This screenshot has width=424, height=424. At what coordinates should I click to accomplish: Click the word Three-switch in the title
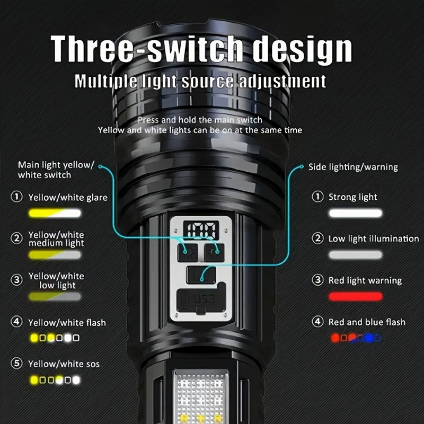(147, 49)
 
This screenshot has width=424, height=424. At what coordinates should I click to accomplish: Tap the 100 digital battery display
(201, 231)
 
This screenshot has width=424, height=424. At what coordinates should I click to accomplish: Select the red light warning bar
(355, 296)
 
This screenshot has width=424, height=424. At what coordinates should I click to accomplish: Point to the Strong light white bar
(355, 213)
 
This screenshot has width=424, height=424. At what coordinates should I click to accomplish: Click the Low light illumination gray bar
(355, 255)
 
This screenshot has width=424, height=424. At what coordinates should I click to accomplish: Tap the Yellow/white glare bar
(55, 213)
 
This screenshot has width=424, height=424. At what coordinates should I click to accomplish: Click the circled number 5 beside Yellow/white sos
(16, 363)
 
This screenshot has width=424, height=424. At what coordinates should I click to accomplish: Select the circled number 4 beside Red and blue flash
(317, 322)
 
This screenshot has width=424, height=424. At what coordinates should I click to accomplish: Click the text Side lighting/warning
(353, 167)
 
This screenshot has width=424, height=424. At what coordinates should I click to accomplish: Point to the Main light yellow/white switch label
(56, 170)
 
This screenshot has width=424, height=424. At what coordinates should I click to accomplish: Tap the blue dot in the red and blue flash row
(369, 338)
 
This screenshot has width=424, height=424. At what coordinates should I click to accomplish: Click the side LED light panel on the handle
(201, 395)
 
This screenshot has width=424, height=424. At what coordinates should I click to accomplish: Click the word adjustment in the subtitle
(282, 81)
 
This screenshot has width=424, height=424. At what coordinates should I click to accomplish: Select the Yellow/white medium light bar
(55, 255)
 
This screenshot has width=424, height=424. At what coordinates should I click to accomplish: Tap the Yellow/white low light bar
(55, 296)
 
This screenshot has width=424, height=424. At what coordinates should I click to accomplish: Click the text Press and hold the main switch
(200, 120)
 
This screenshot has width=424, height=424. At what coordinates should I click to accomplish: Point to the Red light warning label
(365, 280)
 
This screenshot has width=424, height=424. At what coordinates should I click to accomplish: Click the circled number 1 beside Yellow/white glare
(16, 197)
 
